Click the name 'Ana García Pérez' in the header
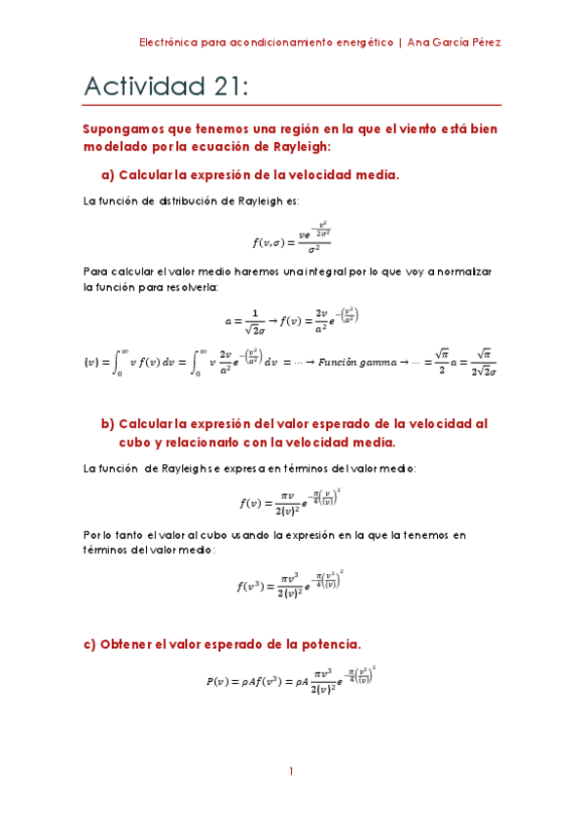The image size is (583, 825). coord(455,43)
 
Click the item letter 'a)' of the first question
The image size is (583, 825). coord(108,175)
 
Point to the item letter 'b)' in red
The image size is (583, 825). coord(108,423)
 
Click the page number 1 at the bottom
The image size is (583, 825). coord(291,771)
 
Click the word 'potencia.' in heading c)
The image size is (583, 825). coord(330,644)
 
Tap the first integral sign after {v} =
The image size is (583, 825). coord(120,363)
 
